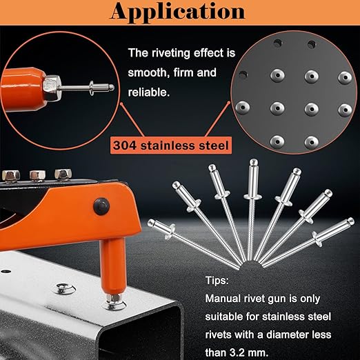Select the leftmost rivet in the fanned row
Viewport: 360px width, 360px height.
point(193,245)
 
